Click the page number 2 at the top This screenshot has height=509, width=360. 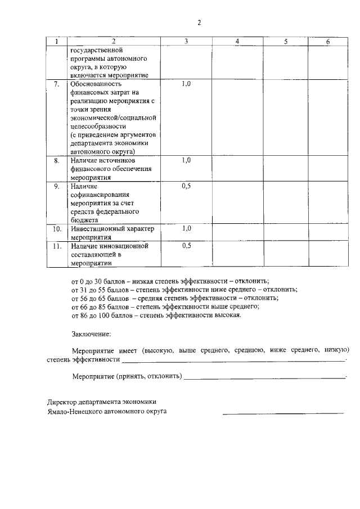click(x=199, y=22)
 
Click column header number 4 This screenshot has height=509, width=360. click(x=237, y=42)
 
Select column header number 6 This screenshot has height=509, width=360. click(x=328, y=42)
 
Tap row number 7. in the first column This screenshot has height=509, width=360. click(x=56, y=84)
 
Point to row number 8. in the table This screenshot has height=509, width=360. click(x=56, y=160)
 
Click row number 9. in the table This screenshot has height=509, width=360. click(x=56, y=186)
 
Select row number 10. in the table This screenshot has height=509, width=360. click(x=56, y=229)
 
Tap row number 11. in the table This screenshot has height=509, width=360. click(x=56, y=246)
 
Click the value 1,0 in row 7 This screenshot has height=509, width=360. click(x=187, y=84)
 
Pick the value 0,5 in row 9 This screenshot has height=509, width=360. click(x=187, y=186)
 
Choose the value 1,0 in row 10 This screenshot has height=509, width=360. click(x=187, y=229)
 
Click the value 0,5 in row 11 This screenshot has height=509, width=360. click(x=187, y=246)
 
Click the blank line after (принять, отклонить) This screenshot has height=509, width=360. click(x=264, y=377)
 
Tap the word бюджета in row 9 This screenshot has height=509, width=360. click(x=85, y=220)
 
